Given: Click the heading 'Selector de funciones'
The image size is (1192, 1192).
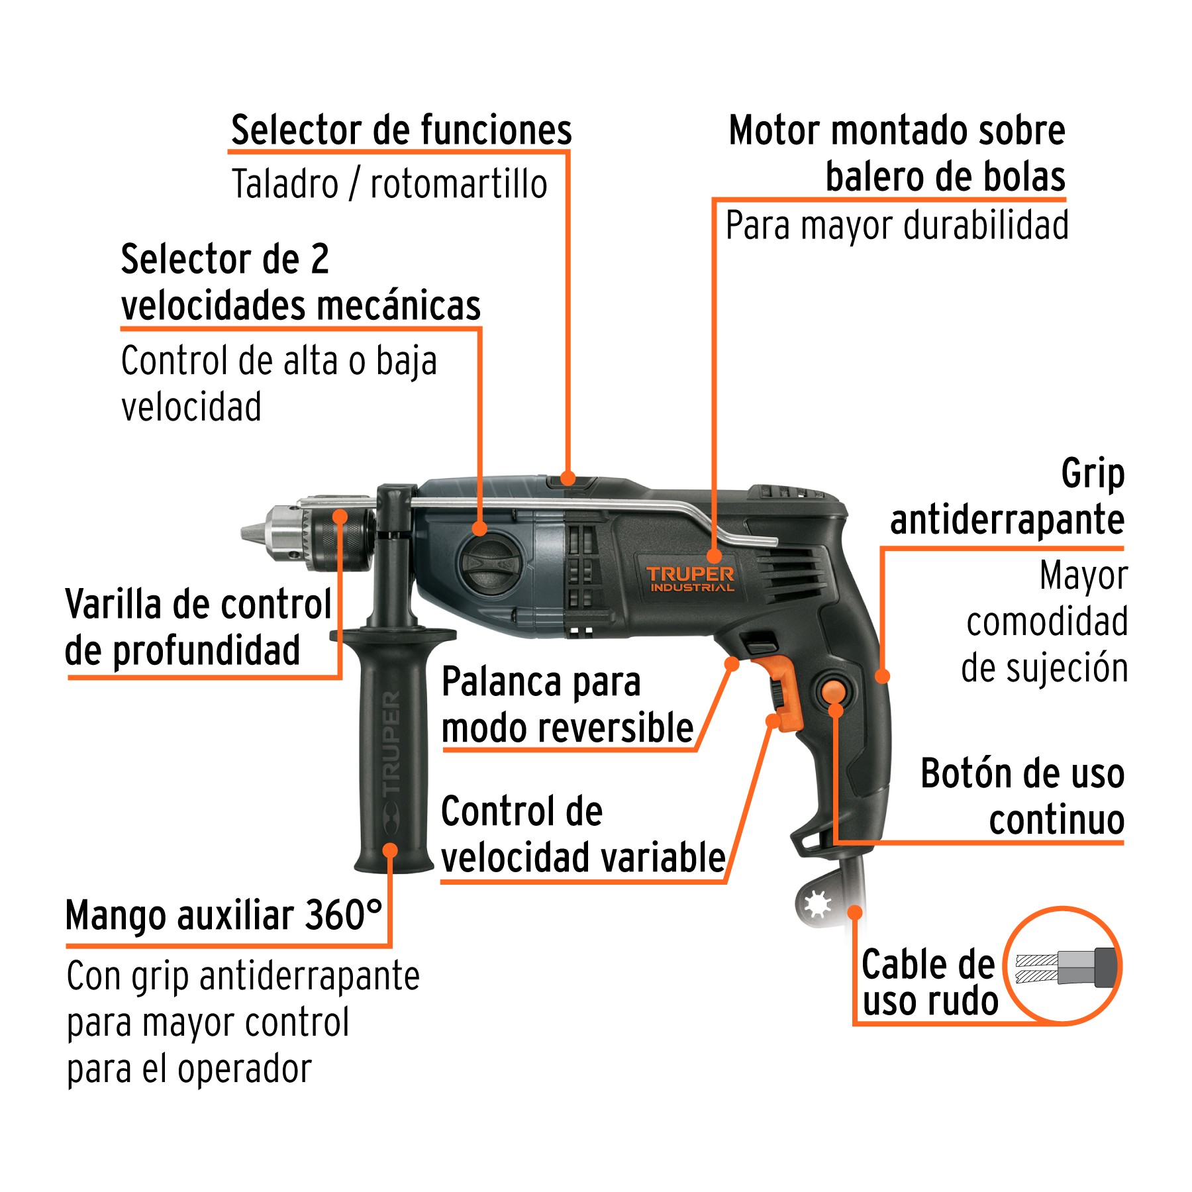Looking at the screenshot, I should [x=401, y=130].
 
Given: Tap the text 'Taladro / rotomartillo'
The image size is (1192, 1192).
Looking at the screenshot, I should [x=389, y=184].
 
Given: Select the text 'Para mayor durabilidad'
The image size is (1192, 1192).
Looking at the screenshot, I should [x=897, y=226].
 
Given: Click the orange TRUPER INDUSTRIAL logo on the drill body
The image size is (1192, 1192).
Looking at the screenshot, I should [x=690, y=578].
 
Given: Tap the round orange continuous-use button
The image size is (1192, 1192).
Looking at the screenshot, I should [x=833, y=691].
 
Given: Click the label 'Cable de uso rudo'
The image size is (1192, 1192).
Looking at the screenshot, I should [x=928, y=982].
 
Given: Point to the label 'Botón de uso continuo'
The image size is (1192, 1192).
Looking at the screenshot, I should [x=1022, y=797].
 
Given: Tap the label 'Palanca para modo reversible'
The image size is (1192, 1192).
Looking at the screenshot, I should [x=567, y=705].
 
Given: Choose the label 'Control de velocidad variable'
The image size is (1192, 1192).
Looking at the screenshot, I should [x=583, y=835].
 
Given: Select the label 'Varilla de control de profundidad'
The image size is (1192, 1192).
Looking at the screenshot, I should [x=198, y=627].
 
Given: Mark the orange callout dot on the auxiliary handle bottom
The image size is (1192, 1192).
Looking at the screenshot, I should [x=390, y=850].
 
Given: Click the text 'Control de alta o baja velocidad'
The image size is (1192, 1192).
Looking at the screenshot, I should [x=279, y=383].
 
